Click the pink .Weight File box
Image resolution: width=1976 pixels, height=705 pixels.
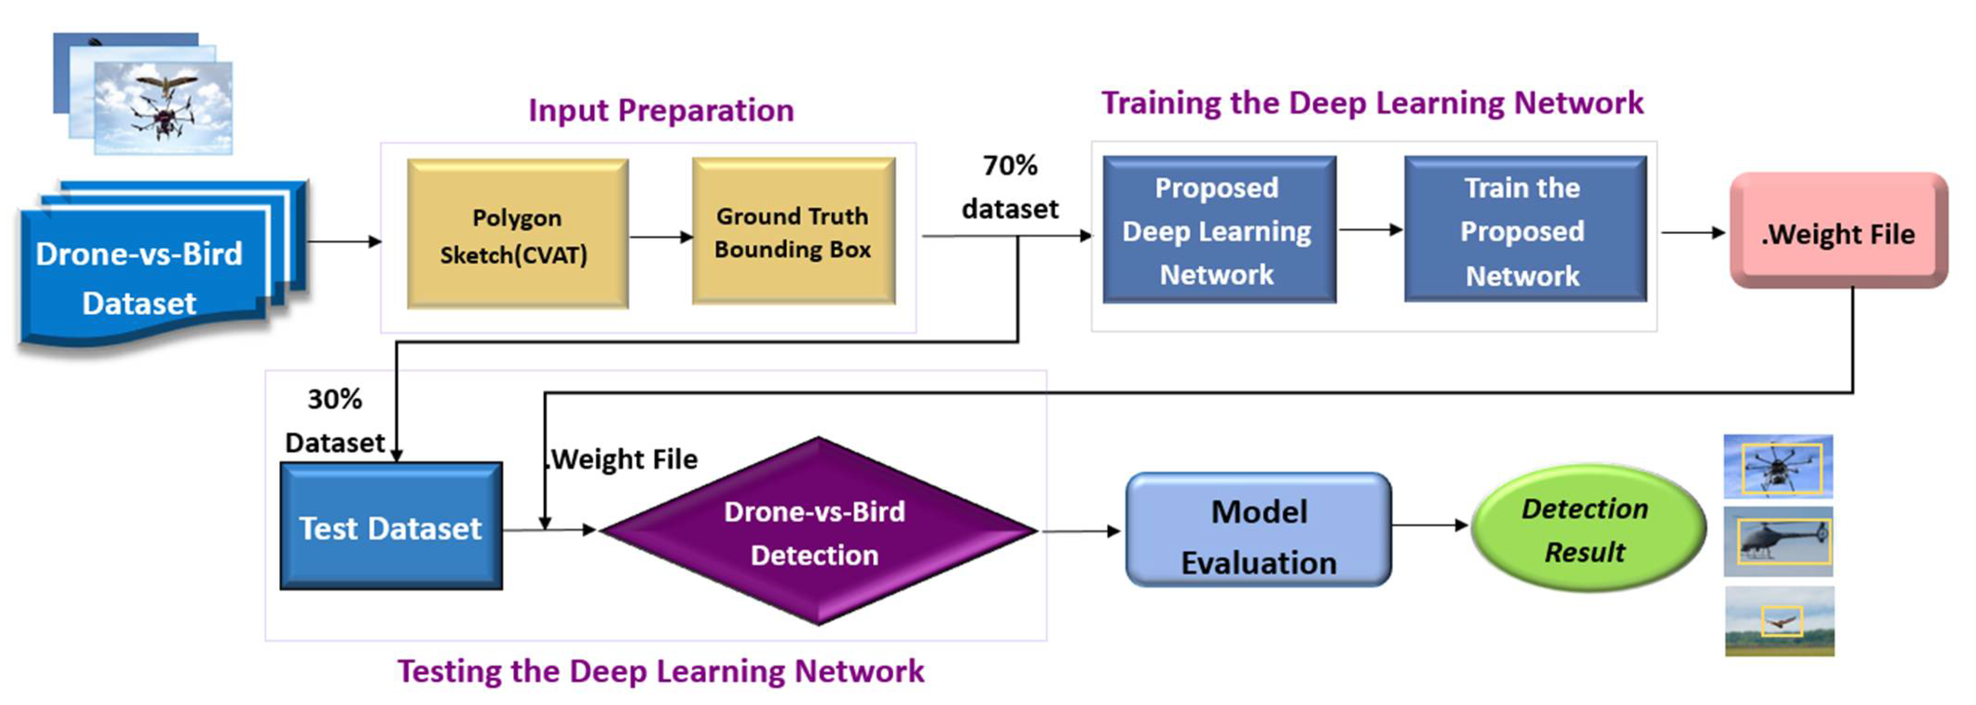(1839, 231)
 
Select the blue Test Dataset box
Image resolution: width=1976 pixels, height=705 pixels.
(391, 526)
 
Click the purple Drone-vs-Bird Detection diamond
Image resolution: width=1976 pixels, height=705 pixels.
(818, 531)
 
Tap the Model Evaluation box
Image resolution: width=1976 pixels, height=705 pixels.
(1259, 530)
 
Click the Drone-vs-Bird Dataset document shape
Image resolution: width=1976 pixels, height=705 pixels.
(153, 265)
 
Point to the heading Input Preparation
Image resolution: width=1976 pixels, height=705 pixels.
(661, 110)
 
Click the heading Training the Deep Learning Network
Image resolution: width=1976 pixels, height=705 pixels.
(1372, 103)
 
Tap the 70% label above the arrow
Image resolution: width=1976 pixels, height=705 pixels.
(1010, 165)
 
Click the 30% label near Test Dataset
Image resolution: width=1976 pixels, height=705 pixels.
(335, 399)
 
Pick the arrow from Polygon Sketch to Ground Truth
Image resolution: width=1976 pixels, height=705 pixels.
(660, 237)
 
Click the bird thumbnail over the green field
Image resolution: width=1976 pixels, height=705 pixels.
(1780, 622)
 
